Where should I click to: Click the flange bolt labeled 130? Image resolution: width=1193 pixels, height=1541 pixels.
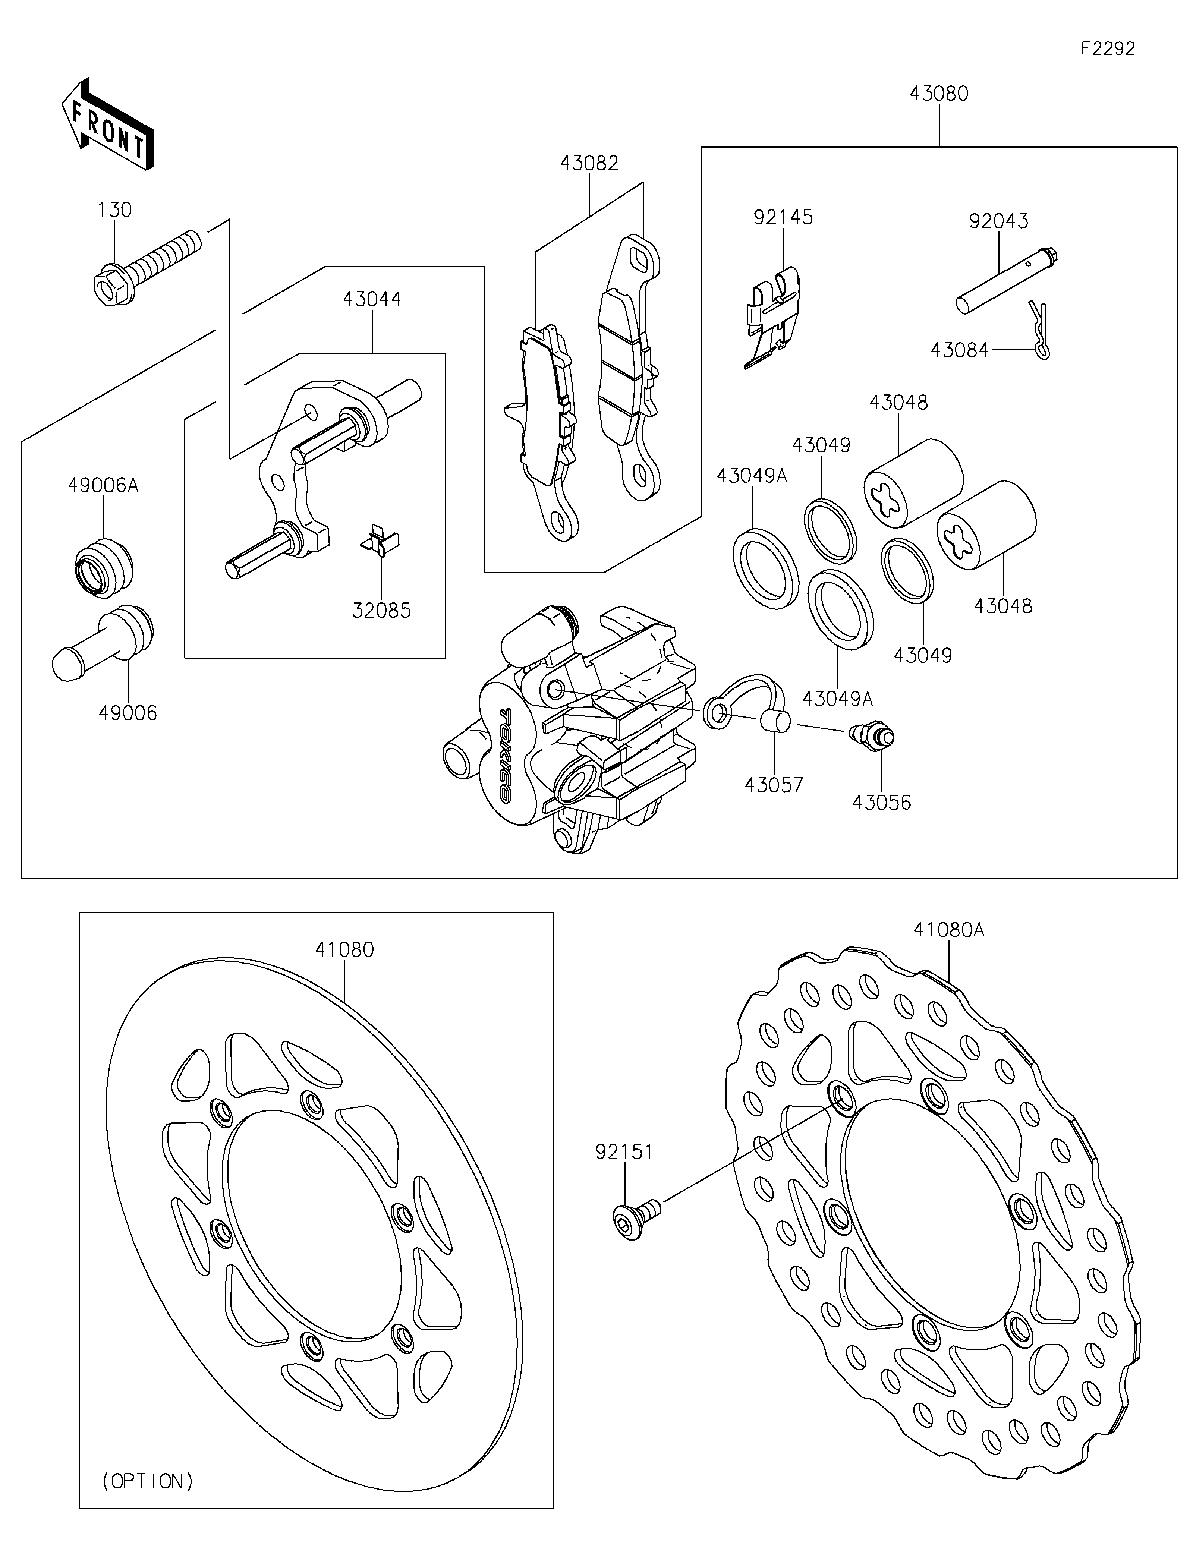point(145,267)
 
